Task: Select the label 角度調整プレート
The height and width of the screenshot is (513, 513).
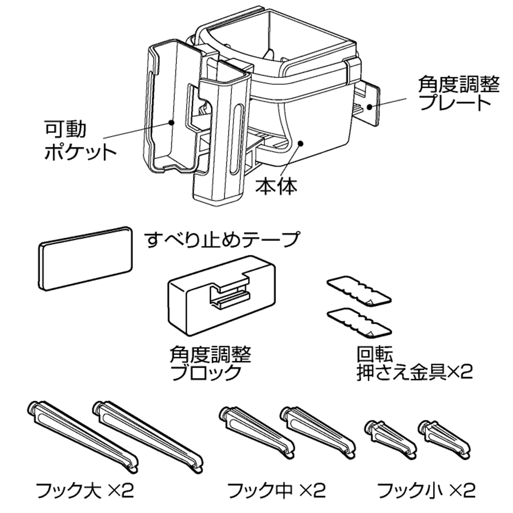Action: pos(458,93)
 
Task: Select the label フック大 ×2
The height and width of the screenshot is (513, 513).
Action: pos(84,491)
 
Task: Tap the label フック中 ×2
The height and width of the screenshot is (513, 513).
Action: pos(275,491)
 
